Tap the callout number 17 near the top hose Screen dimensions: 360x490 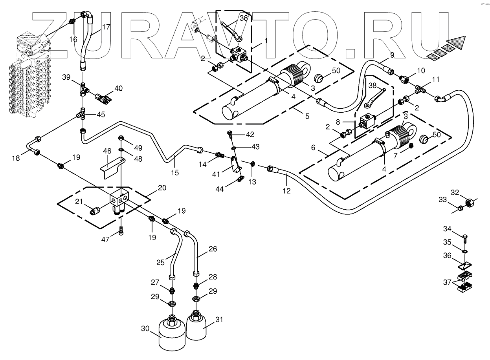(106, 27)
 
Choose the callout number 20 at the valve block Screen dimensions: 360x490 (162, 188)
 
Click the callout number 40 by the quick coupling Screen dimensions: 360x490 (118, 88)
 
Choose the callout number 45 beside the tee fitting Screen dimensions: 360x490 (101, 115)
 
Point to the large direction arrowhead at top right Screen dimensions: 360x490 (458, 42)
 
